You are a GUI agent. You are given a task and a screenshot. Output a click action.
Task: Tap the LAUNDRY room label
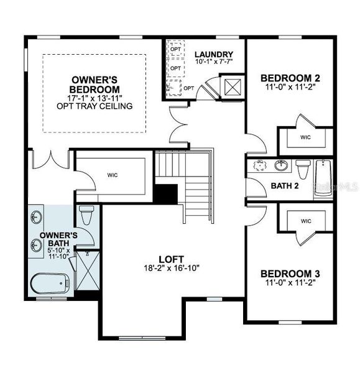tap(213, 55)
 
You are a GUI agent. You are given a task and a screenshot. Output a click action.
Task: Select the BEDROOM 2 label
tap(290, 78)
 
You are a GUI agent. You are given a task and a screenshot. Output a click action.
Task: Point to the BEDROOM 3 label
tap(290, 274)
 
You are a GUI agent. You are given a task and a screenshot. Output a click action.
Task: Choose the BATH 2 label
tap(285, 186)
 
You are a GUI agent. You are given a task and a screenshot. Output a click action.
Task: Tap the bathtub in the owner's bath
tap(50, 284)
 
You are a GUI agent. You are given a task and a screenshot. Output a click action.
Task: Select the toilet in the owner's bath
tap(86, 216)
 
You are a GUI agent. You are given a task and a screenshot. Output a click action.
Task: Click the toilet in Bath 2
tap(303, 168)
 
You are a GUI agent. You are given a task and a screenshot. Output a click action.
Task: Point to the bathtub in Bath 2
tap(324, 178)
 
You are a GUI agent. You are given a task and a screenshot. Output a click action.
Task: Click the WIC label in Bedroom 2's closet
tap(305, 137)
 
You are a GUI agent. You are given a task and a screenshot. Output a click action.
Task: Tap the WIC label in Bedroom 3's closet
tap(306, 221)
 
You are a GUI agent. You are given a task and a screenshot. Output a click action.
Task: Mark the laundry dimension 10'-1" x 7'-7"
tap(213, 63)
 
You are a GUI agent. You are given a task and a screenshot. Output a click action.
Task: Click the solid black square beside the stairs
tap(165, 195)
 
